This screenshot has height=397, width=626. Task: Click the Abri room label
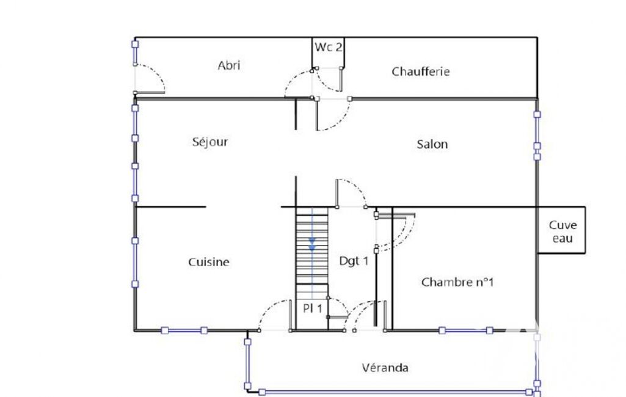[229, 65]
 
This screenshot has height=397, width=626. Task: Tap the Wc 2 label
[328, 47]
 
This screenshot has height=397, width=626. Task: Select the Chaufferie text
[421, 71]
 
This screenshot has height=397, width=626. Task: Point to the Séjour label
[210, 142]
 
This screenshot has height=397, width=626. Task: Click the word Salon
[432, 144]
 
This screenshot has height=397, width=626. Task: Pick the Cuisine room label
[209, 262]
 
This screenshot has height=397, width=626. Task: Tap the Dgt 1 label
[354, 261]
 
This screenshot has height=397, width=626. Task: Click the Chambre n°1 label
[457, 282]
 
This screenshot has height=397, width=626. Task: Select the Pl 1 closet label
[312, 308]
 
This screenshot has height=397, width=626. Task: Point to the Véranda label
[385, 368]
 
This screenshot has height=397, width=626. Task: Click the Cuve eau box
[562, 230]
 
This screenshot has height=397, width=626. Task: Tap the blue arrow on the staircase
[312, 244]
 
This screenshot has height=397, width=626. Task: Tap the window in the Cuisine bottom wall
[184, 330]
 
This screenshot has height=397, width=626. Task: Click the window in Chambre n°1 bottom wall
[465, 330]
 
